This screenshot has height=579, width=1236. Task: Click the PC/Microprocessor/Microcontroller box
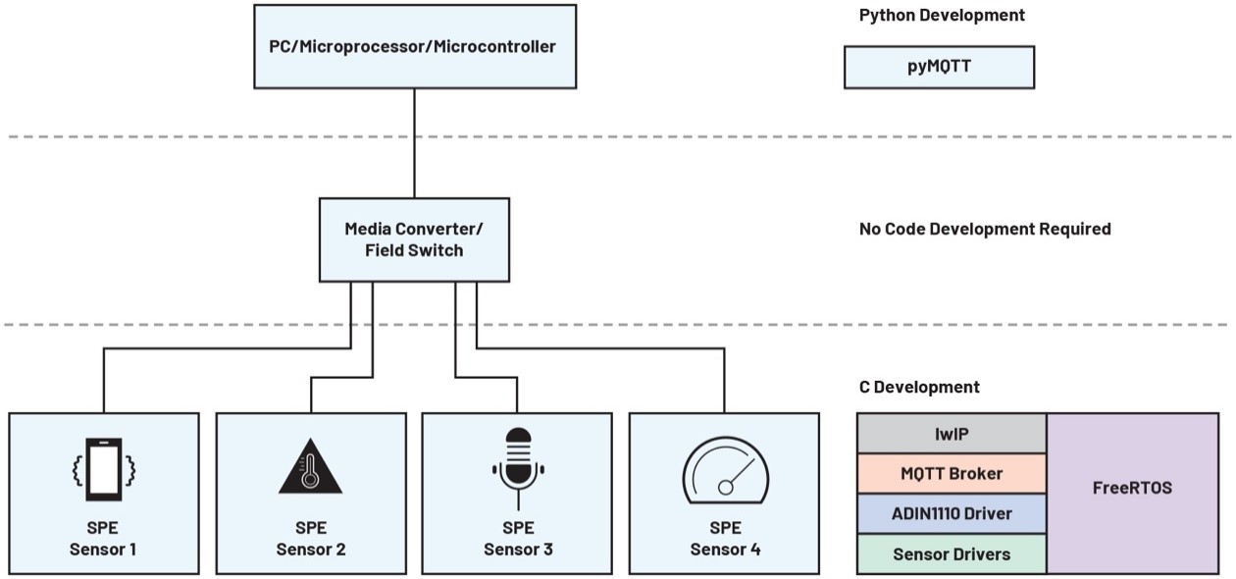pyautogui.click(x=414, y=46)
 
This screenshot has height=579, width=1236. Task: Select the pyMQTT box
pyautogui.click(x=939, y=68)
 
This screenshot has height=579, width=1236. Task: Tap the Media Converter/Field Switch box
pyautogui.click(x=414, y=239)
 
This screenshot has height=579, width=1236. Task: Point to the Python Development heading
pyautogui.click(x=942, y=16)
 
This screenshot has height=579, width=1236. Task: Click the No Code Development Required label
pyautogui.click(x=985, y=229)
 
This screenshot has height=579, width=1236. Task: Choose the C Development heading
pyautogui.click(x=919, y=387)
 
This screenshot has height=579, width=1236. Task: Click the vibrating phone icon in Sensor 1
pyautogui.click(x=103, y=468)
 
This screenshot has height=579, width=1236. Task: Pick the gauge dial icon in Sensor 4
pyautogui.click(x=725, y=472)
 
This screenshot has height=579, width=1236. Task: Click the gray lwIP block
pyautogui.click(x=952, y=433)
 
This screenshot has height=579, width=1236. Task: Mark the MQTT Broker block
pyautogui.click(x=952, y=473)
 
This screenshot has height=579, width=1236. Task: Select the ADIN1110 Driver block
pyautogui.click(x=952, y=513)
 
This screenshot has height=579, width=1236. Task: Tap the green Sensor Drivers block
pyautogui.click(x=952, y=554)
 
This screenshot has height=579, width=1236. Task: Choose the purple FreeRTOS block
pyautogui.click(x=1132, y=488)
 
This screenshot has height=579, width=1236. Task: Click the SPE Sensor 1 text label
pyautogui.click(x=103, y=538)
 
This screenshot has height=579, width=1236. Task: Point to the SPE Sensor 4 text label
pyautogui.click(x=725, y=538)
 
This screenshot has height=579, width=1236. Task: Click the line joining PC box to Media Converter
pyautogui.click(x=414, y=143)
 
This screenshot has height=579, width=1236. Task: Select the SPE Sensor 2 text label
pyautogui.click(x=310, y=538)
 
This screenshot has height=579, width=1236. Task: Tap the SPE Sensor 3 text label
pyautogui.click(x=517, y=538)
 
